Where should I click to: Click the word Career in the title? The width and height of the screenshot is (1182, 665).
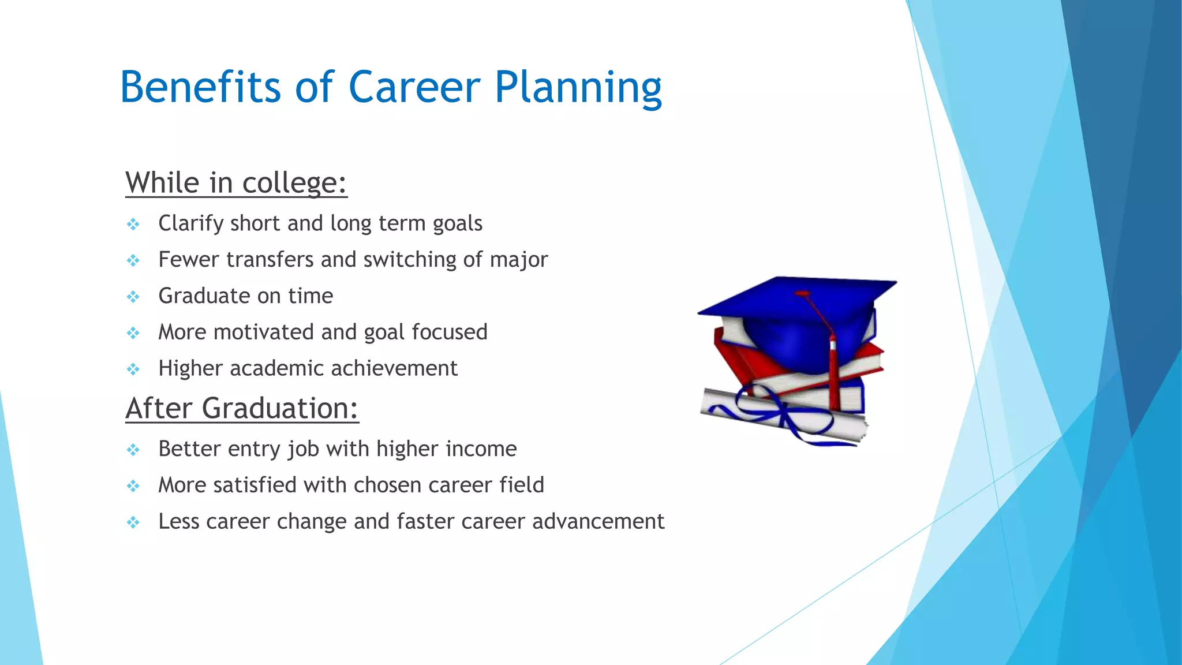click(x=414, y=87)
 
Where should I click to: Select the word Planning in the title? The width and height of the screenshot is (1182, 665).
click(x=578, y=88)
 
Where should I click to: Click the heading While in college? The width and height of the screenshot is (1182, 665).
click(x=236, y=183)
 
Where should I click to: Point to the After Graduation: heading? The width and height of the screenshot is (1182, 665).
click(x=242, y=408)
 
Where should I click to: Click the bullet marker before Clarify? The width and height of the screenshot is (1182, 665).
click(x=133, y=224)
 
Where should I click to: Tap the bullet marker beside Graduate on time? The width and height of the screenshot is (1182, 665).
click(x=133, y=297)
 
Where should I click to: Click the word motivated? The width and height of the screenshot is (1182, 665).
click(x=264, y=332)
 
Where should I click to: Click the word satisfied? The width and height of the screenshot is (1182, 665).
click(x=255, y=485)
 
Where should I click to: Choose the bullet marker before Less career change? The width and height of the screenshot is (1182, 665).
click(x=133, y=522)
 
